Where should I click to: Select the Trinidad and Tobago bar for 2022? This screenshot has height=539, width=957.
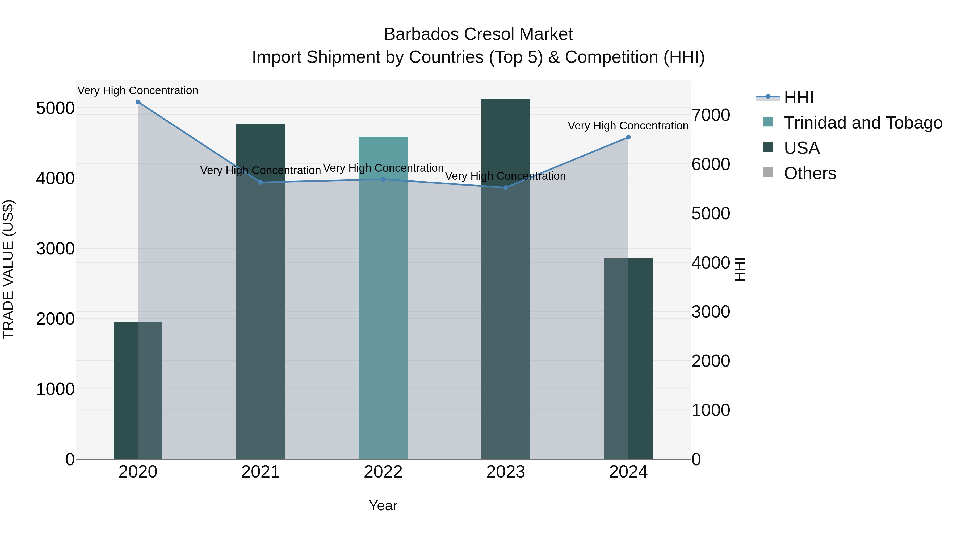pyautogui.click(x=383, y=298)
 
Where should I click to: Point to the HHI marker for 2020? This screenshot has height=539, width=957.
pyautogui.click(x=138, y=102)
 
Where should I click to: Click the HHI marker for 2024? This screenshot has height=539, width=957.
pyautogui.click(x=628, y=137)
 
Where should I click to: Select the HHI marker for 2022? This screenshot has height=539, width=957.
pyautogui.click(x=383, y=179)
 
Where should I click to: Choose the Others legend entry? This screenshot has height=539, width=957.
pyautogui.click(x=810, y=173)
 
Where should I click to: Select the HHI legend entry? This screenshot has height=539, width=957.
pyautogui.click(x=799, y=97)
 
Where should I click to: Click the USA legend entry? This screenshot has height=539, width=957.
pyautogui.click(x=801, y=148)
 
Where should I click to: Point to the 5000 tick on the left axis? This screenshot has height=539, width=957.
pyautogui.click(x=55, y=108)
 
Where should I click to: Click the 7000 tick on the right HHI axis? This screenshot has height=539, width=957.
pyautogui.click(x=711, y=115)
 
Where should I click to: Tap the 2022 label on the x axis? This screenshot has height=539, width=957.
pyautogui.click(x=383, y=472)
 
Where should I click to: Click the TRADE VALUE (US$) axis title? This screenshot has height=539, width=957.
pyautogui.click(x=8, y=270)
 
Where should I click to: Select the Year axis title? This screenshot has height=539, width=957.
pyautogui.click(x=383, y=505)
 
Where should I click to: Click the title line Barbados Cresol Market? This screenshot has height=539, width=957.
pyautogui.click(x=478, y=34)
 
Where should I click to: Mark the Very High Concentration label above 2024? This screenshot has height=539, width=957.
pyautogui.click(x=628, y=126)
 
